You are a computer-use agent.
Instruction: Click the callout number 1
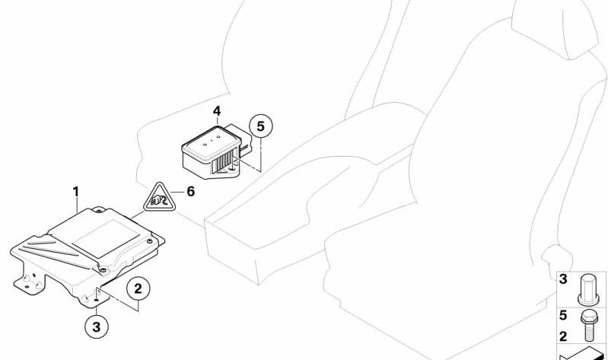[76, 192]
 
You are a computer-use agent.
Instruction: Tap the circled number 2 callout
[138, 288]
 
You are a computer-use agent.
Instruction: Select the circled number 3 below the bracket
[96, 327]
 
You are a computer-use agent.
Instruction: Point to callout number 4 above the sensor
[217, 111]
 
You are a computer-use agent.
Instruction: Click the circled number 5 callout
[260, 126]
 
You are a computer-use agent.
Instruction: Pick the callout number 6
[191, 192]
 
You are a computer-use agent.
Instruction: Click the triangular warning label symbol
[159, 197]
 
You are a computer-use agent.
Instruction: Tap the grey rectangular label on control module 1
[106, 238]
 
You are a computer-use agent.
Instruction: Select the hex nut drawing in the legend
[589, 289]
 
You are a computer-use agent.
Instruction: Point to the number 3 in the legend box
[563, 279]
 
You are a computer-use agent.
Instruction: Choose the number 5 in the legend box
[563, 315]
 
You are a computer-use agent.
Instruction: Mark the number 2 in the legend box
[563, 336]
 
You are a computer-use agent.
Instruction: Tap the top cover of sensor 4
[212, 142]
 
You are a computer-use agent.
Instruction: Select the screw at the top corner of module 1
[99, 212]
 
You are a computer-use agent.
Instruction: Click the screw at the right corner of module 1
[149, 242]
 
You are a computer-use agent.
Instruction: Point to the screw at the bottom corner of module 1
[103, 269]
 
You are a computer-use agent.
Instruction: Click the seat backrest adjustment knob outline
[556, 258]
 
